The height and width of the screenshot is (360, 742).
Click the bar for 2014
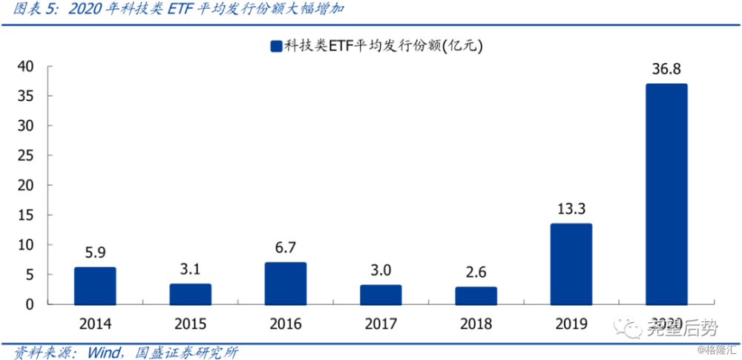[95, 286]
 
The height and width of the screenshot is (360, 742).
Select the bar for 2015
[190, 294]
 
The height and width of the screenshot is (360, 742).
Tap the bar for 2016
[286, 284]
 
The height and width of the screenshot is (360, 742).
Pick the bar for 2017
[381, 295]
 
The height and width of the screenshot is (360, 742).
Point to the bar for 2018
[476, 295]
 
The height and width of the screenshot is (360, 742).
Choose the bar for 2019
[571, 264]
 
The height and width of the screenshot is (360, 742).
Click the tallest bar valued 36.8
[666, 194]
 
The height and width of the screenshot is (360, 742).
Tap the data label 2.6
[476, 271]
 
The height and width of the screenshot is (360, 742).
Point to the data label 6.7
[286, 246]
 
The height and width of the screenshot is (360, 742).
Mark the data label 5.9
[95, 252]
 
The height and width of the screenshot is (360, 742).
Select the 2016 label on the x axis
[286, 324]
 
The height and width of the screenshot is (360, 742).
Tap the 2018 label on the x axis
[476, 324]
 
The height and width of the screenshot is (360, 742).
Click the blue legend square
[276, 47]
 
